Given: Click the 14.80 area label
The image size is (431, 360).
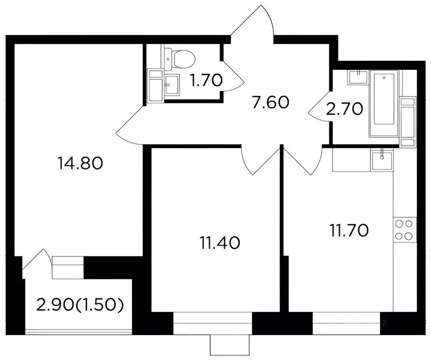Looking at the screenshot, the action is [x=80, y=163].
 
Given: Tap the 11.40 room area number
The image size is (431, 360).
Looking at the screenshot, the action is [x=220, y=243].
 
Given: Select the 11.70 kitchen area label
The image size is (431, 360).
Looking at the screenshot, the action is [x=349, y=230].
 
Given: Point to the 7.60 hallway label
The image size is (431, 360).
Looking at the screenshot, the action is [x=271, y=102].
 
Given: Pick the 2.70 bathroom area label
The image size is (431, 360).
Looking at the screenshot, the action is [x=344, y=109].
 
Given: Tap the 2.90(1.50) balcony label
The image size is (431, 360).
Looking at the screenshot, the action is [x=80, y=305].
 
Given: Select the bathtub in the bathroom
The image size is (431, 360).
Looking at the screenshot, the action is [x=384, y=103].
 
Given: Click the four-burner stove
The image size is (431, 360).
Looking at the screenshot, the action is [x=405, y=230].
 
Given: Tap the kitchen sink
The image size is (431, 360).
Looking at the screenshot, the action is [x=382, y=160].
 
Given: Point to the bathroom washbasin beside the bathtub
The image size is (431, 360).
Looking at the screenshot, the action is [x=358, y=77].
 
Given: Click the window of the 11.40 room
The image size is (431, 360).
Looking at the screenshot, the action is [x=213, y=323].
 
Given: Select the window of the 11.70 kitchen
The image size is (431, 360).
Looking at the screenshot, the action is [x=347, y=323].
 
